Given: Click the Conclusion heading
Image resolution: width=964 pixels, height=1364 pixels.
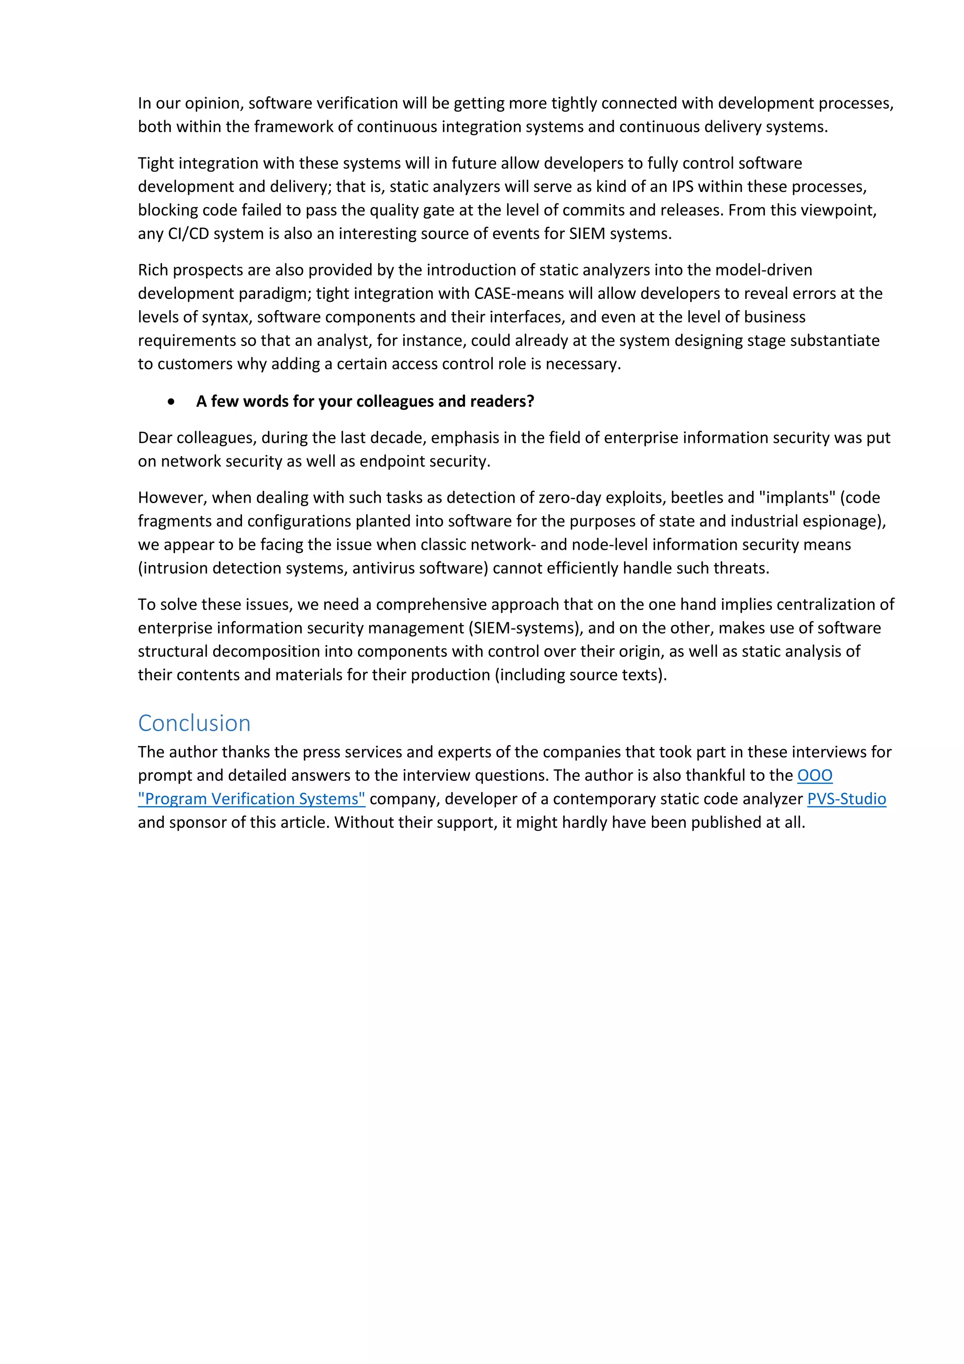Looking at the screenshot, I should (x=194, y=723).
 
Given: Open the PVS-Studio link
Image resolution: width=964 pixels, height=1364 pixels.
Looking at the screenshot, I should (x=846, y=799).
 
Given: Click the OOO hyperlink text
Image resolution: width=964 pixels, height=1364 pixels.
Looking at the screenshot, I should (x=814, y=775).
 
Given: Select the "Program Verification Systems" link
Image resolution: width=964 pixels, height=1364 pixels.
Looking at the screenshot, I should (x=251, y=799).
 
